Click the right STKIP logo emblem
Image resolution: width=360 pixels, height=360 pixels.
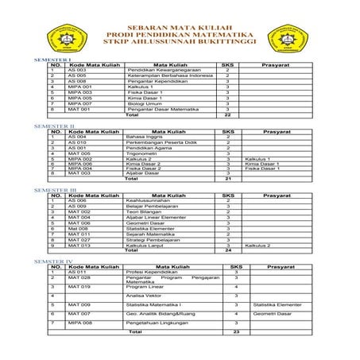(291, 37)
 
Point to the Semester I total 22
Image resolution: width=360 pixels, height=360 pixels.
(227, 114)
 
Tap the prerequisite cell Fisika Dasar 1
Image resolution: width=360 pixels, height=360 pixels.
(261, 168)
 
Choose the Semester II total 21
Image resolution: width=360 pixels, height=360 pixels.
(227, 180)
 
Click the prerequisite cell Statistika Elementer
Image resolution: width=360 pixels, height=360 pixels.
(277, 304)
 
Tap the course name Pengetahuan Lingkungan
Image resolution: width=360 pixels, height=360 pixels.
(159, 323)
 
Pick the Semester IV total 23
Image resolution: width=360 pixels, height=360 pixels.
(236, 332)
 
